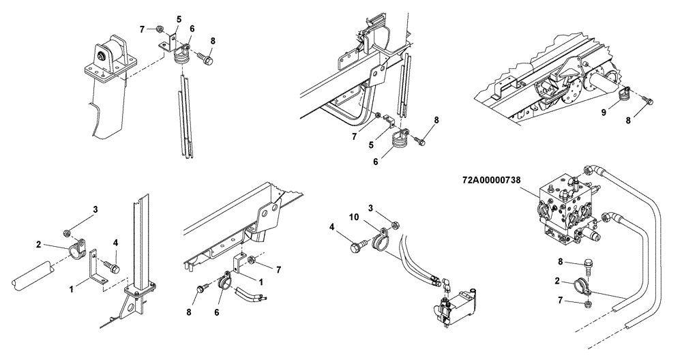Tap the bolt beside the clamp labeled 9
(x=648, y=102)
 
